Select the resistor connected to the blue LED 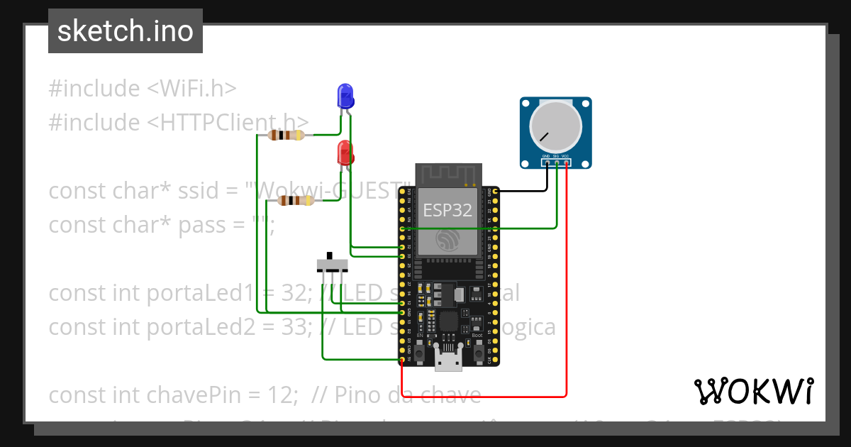click(x=287, y=136)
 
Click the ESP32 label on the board click(x=447, y=209)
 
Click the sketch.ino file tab click(x=126, y=31)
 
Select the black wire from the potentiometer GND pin click(x=521, y=190)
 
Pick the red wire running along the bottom click(x=482, y=396)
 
